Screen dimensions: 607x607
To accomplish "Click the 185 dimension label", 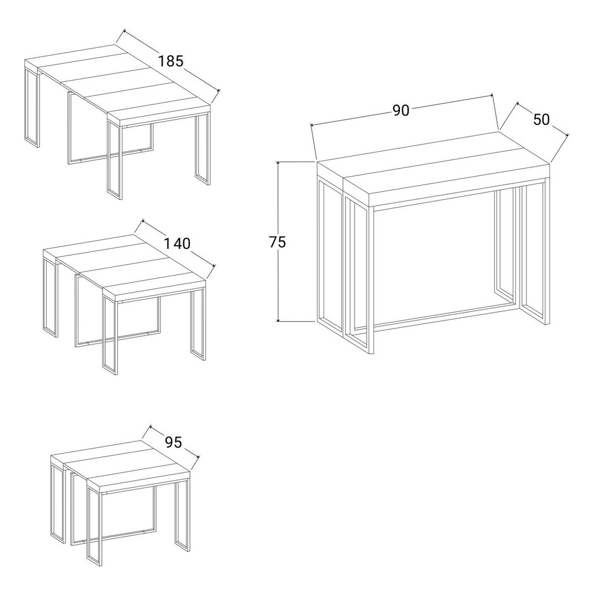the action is pos(171,61).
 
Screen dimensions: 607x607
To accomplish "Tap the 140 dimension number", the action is pos(177,243).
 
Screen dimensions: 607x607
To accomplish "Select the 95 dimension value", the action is pos(173,442).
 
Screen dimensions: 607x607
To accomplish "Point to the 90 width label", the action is pos(401,110).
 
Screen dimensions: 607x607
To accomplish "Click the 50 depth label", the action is pos(541,120).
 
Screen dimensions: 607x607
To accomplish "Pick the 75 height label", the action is pos(277,242).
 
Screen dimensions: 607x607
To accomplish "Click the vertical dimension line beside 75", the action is pos(278,242).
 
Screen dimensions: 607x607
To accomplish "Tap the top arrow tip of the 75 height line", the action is pos(278,162).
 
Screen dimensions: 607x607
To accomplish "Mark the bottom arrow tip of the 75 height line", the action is pos(278,321).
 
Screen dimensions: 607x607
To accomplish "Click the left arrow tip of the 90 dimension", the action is pos(311,124).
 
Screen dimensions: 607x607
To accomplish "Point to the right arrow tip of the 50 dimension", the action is pos(568,135).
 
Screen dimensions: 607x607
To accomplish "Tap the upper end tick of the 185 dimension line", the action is pos(124,30).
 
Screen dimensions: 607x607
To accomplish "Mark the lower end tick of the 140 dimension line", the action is pos(213,266).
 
